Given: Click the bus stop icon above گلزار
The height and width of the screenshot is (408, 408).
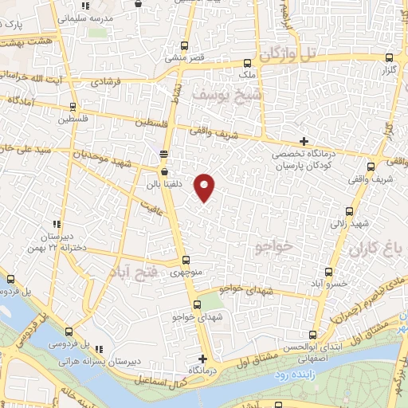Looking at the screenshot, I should click(x=389, y=57).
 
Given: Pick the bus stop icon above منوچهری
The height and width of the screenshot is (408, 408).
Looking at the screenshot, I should click(x=186, y=260).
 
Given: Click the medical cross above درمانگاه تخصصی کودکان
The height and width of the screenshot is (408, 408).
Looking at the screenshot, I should click(x=303, y=141).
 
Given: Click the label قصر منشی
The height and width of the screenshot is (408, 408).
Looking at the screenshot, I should click(x=175, y=57).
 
